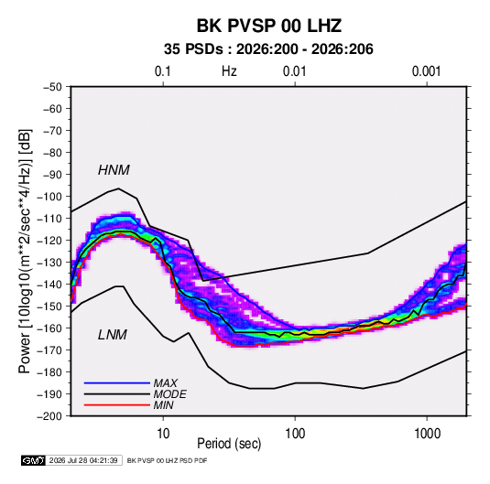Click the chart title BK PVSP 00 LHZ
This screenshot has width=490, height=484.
(268, 26)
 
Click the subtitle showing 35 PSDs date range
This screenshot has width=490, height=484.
(268, 49)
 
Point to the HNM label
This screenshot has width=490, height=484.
(114, 170)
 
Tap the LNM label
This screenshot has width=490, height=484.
(113, 335)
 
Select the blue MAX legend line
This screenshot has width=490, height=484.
(117, 382)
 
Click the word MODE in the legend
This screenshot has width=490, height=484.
(169, 394)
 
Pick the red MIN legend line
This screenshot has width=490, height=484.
(117, 405)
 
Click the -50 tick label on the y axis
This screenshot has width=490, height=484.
(52, 87)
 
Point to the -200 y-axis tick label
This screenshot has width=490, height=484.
(49, 416)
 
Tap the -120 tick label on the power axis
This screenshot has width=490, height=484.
(49, 241)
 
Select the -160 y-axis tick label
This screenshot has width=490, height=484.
(49, 328)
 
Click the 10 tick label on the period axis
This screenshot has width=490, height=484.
(163, 434)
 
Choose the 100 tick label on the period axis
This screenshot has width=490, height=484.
(295, 434)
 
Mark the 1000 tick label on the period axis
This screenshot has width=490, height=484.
(427, 434)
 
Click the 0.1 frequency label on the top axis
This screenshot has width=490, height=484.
(163, 71)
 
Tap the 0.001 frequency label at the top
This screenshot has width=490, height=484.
(426, 71)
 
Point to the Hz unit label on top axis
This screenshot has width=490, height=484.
(229, 71)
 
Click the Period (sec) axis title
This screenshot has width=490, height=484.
(229, 444)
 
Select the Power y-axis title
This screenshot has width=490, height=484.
(25, 252)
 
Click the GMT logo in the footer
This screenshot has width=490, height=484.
(33, 460)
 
